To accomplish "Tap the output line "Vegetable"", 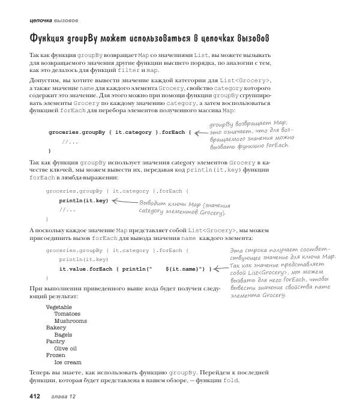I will point(59,307).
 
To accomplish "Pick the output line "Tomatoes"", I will point(67,314).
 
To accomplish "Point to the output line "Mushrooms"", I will point(70,321).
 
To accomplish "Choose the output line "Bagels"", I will point(64,335).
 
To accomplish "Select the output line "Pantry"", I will point(56,341).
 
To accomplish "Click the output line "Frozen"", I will point(56,355).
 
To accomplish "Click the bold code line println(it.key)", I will point(83,200).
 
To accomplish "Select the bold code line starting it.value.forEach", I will point(136,269).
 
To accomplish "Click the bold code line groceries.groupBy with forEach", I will point(119,132).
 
